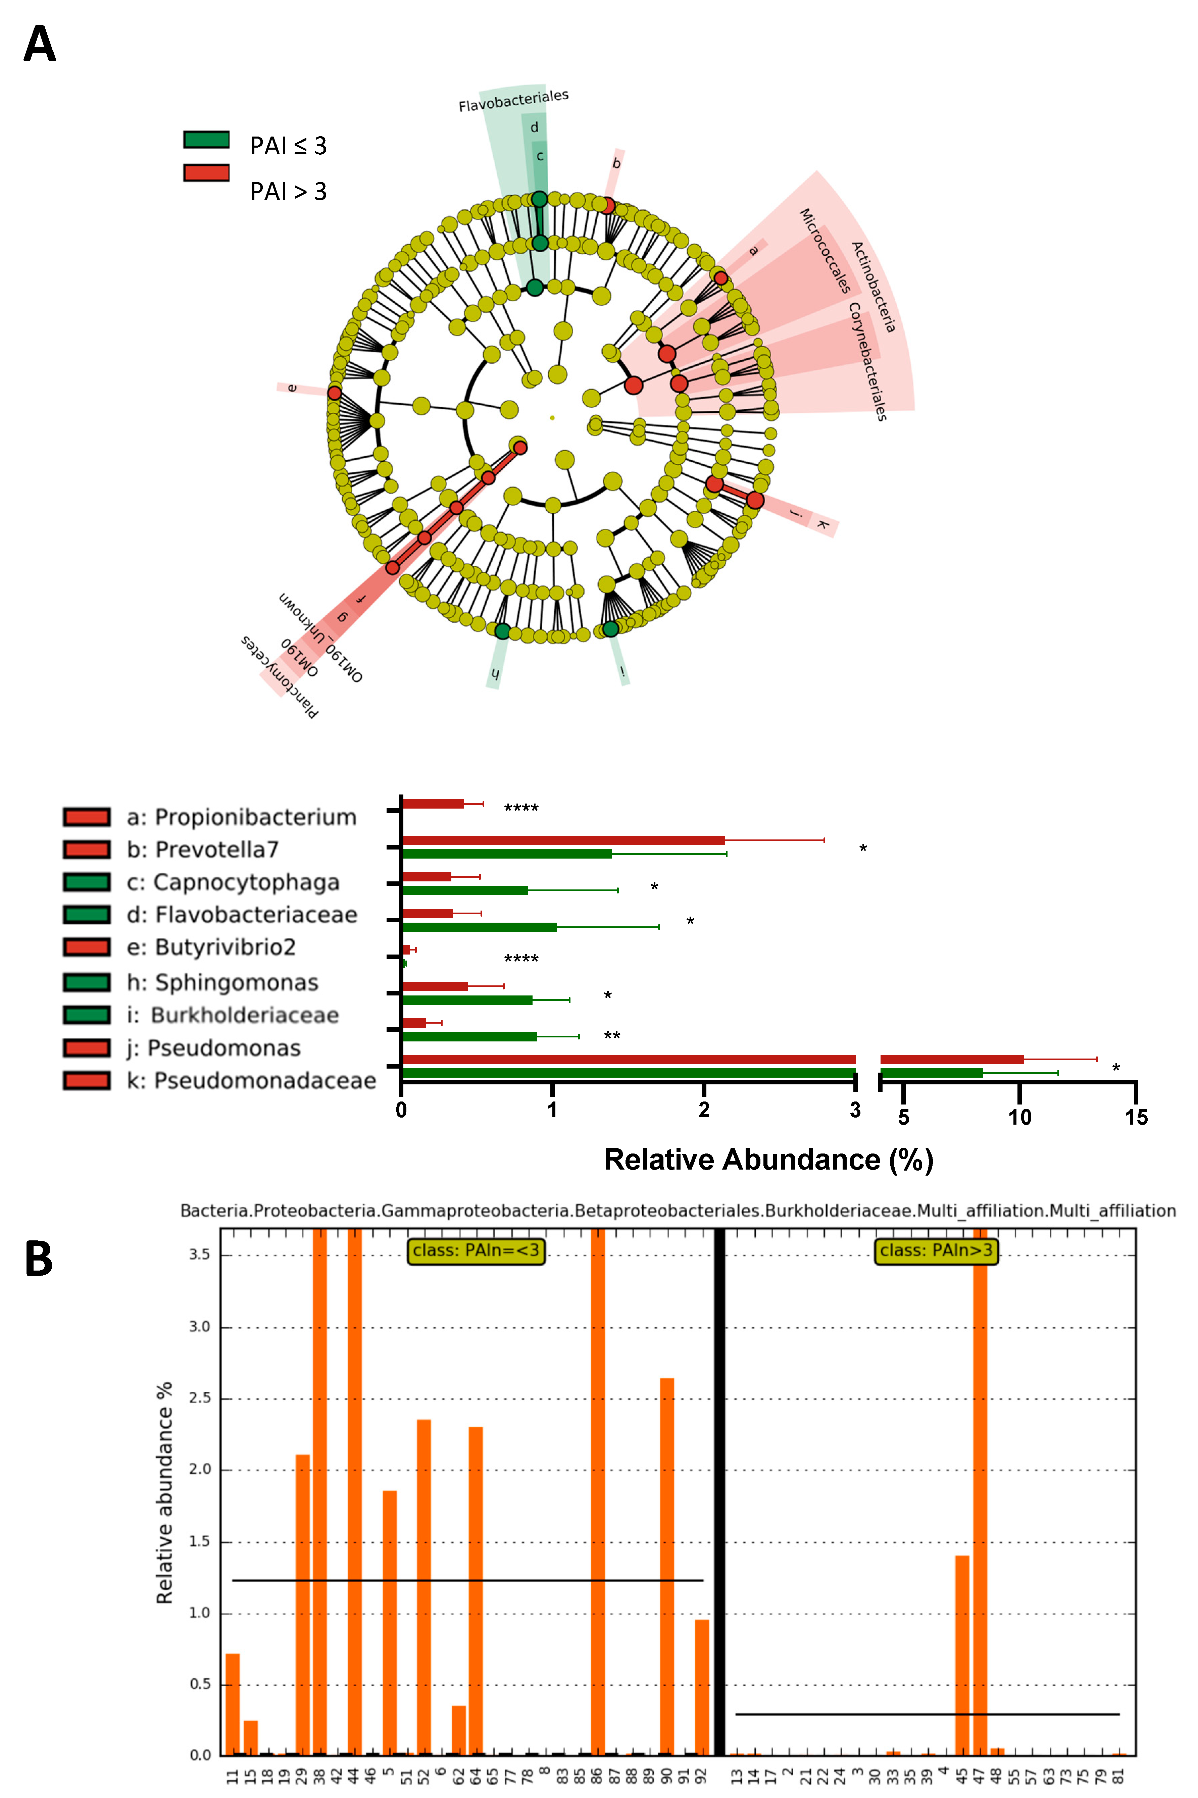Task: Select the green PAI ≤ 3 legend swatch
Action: click(206, 140)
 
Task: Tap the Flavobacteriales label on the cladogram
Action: click(513, 101)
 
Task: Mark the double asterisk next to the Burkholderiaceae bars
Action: click(612, 1036)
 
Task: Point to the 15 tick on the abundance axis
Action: click(1135, 1118)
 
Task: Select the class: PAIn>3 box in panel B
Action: click(936, 1250)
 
